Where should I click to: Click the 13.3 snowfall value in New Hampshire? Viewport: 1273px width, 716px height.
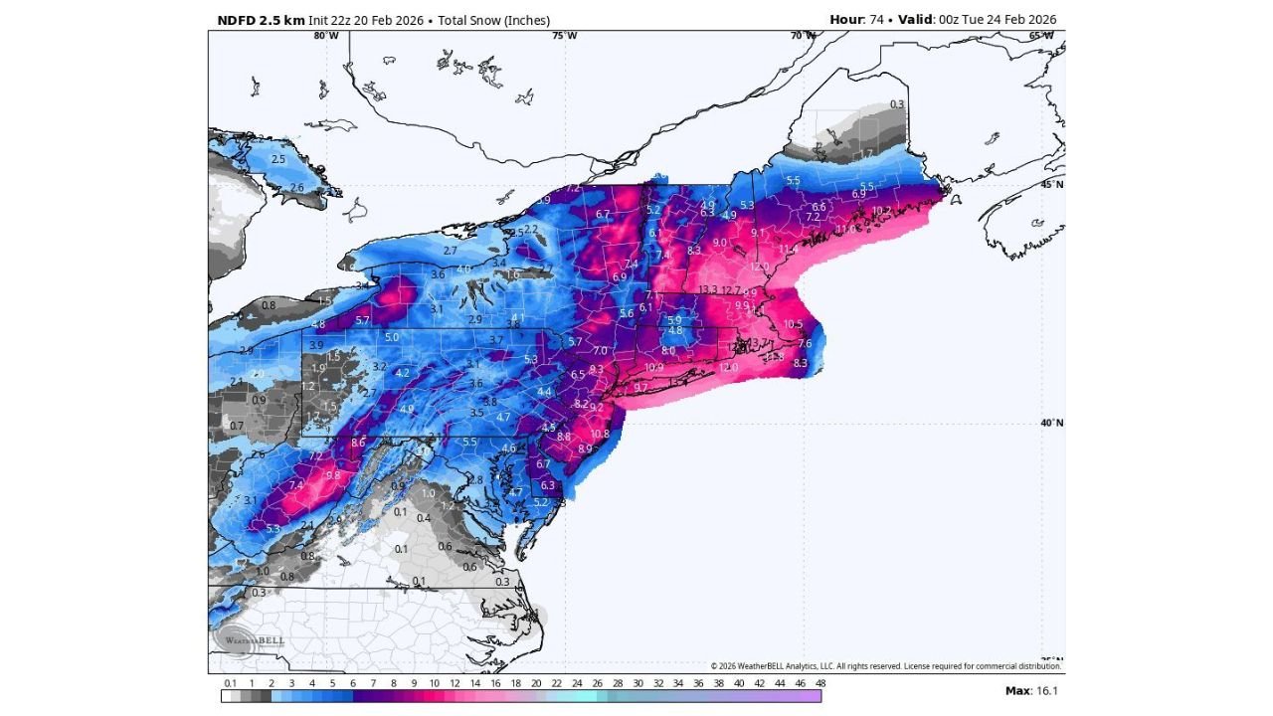[708, 290]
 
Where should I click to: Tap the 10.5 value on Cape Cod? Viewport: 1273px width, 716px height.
[793, 324]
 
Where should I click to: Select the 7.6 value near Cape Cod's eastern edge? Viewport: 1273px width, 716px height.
[805, 344]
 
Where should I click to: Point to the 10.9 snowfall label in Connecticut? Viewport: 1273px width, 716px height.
[653, 367]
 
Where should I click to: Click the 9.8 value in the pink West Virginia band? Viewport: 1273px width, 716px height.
[333, 475]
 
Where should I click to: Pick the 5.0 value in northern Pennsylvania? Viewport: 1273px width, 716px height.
[392, 337]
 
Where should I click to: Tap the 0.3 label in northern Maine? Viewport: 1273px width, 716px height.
[897, 104]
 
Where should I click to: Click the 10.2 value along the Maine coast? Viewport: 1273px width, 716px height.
[880, 211]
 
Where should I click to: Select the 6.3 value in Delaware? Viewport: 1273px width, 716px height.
[547, 485]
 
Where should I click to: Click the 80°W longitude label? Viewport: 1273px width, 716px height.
[325, 36]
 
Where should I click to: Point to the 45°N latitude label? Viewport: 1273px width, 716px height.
[1052, 184]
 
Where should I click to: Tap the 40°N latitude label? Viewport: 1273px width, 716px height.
[1052, 423]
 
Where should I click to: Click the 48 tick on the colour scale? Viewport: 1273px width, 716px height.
[820, 683]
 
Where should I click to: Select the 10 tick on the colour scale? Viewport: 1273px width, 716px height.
[434, 683]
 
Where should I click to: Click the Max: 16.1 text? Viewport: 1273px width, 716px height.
[1031, 690]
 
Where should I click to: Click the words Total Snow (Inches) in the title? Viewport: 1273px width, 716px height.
[493, 20]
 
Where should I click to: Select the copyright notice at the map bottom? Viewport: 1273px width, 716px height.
[885, 666]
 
